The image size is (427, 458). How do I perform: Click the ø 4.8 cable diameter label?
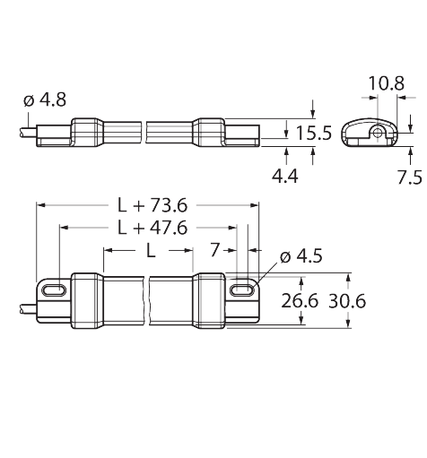tap(45, 99)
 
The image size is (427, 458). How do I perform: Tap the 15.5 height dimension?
tap(313, 133)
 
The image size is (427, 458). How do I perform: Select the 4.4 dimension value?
tap(285, 177)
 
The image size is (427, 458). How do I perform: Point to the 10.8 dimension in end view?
tap(387, 83)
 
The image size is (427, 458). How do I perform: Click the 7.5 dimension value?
tap(410, 177)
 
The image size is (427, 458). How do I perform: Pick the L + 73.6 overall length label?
tap(152, 205)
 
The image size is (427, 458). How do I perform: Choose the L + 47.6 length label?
tap(152, 228)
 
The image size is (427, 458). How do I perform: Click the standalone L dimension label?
tap(151, 250)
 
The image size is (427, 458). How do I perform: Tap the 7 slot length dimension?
tap(215, 250)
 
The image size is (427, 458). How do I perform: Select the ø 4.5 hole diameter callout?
tap(301, 256)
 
